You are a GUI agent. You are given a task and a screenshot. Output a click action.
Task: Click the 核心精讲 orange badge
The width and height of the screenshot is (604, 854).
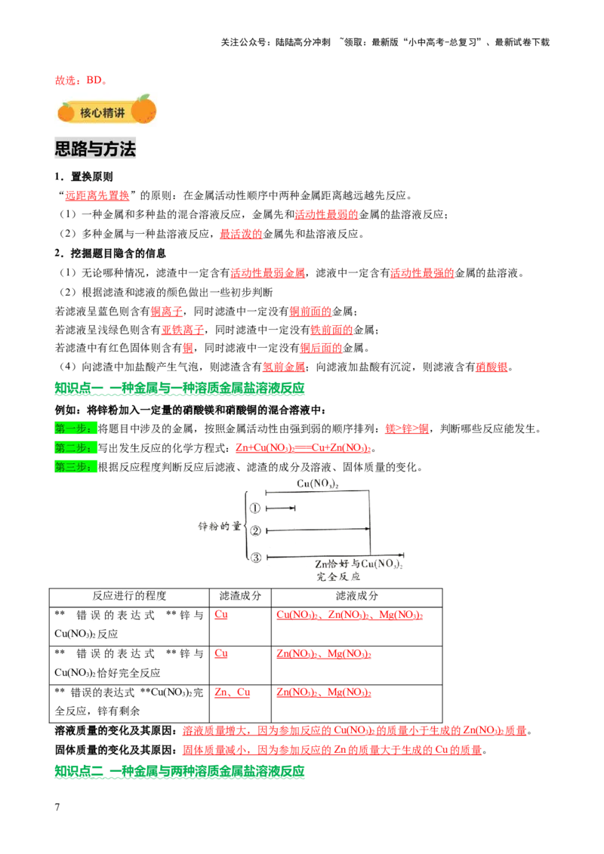(x=107, y=112)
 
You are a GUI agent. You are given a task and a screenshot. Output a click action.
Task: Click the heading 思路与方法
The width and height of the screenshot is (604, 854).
(x=95, y=149)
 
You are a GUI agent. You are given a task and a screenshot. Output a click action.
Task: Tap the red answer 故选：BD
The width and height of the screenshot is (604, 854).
(x=82, y=81)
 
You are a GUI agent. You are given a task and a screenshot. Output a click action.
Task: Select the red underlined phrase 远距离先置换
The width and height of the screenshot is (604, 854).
(x=97, y=195)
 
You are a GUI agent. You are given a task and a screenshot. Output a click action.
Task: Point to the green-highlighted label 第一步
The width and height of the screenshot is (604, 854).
(x=75, y=429)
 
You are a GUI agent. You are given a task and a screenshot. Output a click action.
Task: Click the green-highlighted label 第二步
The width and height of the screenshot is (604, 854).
(x=75, y=447)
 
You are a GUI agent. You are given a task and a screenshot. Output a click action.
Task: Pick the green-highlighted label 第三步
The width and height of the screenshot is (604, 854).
(x=75, y=467)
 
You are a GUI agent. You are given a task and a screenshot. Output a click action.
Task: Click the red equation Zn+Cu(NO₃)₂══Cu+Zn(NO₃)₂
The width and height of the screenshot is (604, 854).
(x=303, y=447)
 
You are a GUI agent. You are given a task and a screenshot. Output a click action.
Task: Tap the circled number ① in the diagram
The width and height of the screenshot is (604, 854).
(x=255, y=508)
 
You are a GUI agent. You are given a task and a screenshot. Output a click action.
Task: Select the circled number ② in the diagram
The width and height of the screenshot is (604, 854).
(x=255, y=530)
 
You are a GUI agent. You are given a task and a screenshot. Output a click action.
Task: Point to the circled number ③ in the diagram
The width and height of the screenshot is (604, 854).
(x=256, y=558)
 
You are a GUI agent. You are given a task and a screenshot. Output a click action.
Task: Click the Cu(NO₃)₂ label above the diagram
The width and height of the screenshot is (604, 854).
(x=318, y=484)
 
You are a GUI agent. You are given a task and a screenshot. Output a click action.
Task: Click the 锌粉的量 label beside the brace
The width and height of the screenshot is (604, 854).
(x=219, y=526)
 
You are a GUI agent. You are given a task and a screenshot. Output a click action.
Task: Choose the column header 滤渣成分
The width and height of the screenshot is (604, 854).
(x=240, y=596)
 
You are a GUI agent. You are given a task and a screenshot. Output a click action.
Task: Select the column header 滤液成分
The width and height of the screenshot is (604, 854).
(x=357, y=596)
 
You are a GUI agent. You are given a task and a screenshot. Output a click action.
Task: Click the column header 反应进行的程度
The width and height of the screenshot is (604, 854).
(x=129, y=596)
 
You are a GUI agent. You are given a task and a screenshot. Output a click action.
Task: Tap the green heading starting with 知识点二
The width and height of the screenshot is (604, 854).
(x=180, y=771)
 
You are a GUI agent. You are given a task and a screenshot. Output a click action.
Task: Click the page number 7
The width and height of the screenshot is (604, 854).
(x=57, y=807)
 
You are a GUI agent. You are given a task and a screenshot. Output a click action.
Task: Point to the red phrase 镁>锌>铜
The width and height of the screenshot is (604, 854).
(x=407, y=429)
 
